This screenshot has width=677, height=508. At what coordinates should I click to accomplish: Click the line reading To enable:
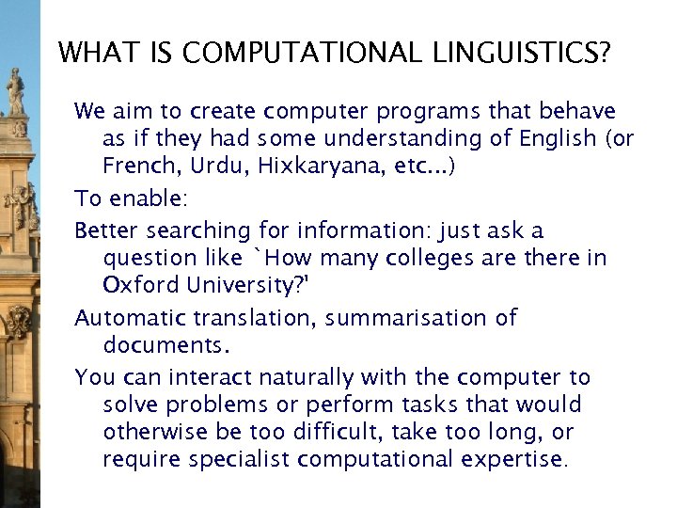(x=132, y=198)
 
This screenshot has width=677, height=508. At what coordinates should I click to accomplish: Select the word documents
(x=165, y=344)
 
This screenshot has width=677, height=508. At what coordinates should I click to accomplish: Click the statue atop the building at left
(x=16, y=91)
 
